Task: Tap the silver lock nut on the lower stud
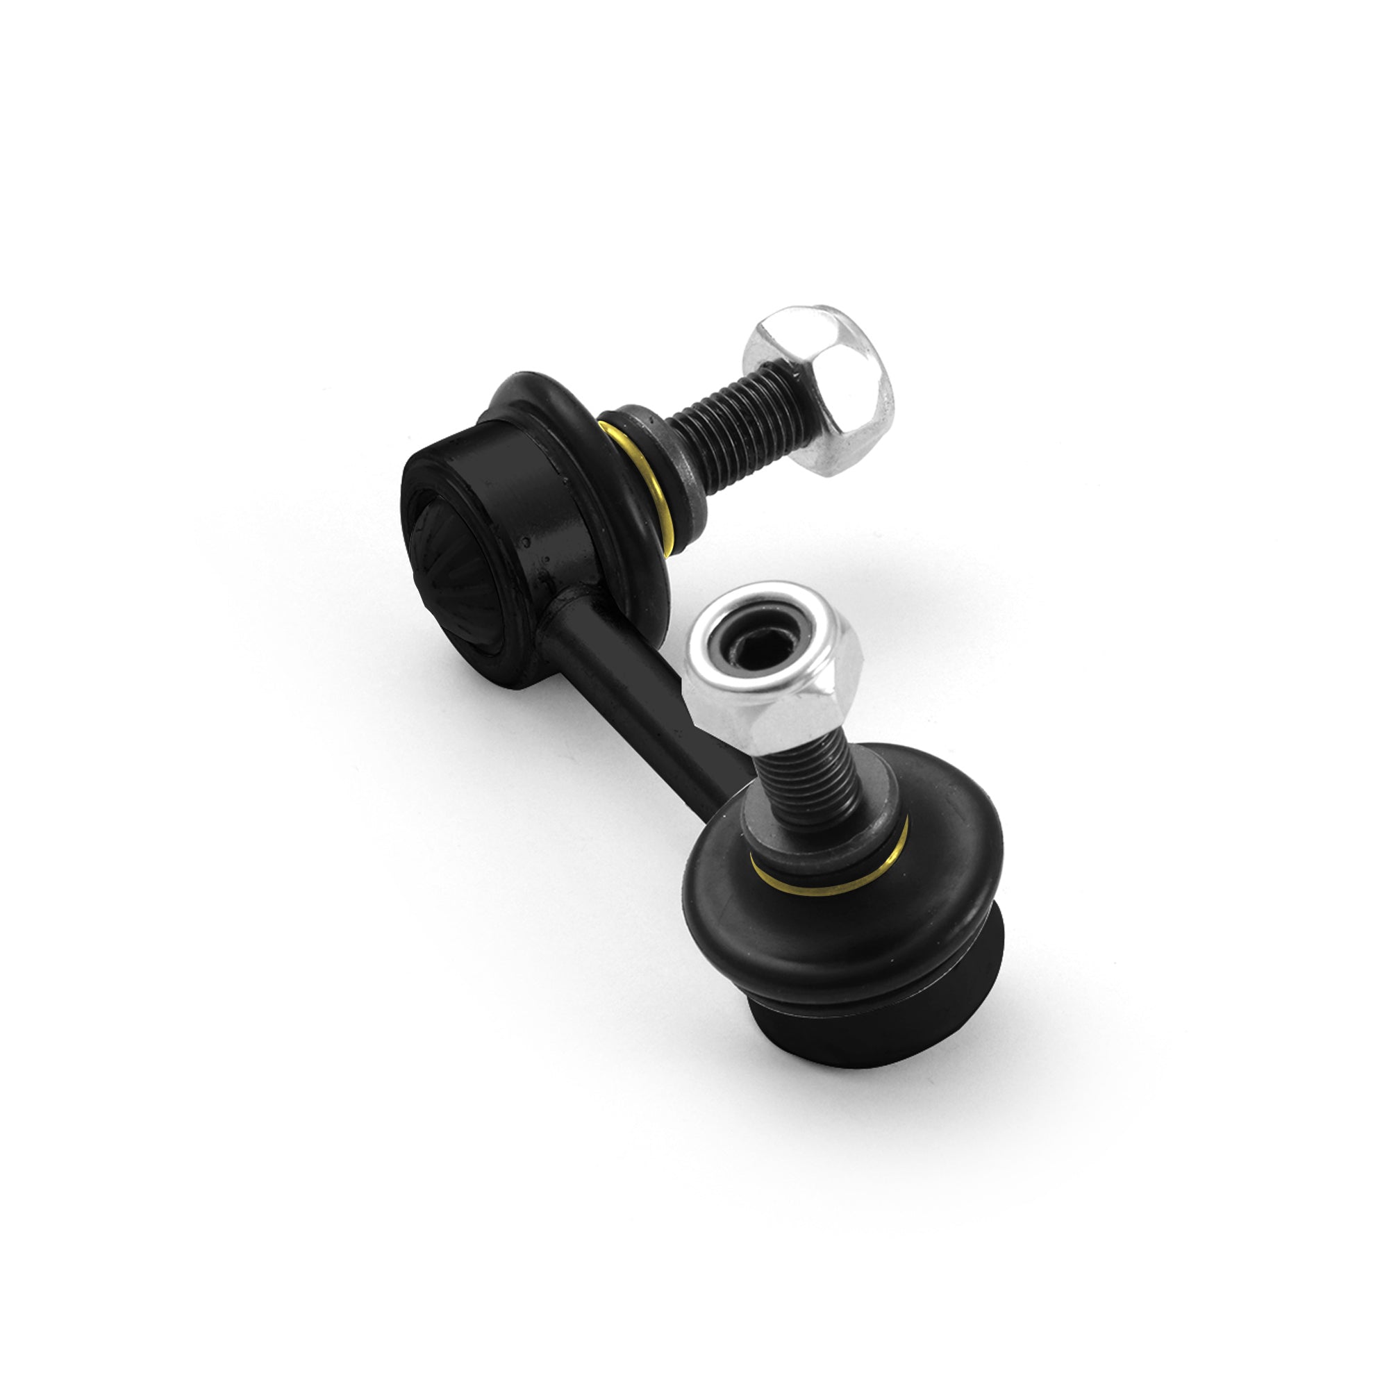pos(773,690)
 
